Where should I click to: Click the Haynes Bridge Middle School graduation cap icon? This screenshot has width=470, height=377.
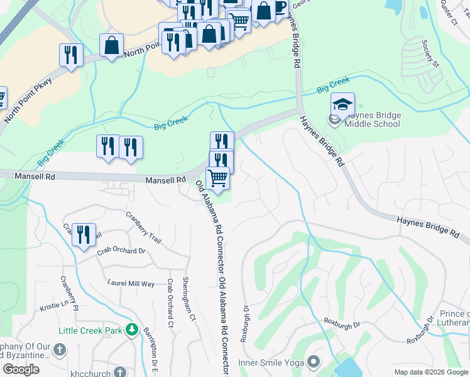click(x=342, y=104)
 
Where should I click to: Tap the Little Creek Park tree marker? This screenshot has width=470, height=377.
click(x=131, y=330)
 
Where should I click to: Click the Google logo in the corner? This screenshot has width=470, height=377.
click(x=21, y=369)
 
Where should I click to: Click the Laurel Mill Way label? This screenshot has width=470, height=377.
click(x=131, y=283)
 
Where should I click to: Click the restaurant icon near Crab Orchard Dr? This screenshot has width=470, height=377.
click(x=84, y=234)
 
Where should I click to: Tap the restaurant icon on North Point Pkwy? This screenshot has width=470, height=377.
click(x=72, y=55)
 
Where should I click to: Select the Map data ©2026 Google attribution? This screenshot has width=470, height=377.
click(x=431, y=372)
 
